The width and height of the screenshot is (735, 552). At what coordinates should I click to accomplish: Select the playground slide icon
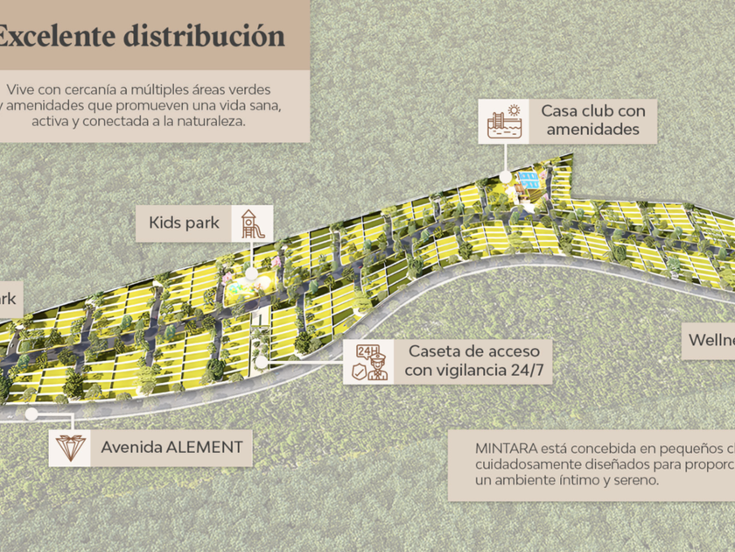(249, 223)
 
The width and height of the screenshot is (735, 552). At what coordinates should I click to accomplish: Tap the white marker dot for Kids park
(251, 273)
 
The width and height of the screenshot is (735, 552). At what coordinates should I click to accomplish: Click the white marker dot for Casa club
(505, 176)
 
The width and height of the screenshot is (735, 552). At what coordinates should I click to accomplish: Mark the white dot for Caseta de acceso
(262, 360)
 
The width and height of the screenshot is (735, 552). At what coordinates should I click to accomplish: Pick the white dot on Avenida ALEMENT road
(32, 412)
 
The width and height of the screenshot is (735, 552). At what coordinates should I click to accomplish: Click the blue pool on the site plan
(527, 182)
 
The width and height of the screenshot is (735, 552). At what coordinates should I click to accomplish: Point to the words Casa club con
(592, 111)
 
